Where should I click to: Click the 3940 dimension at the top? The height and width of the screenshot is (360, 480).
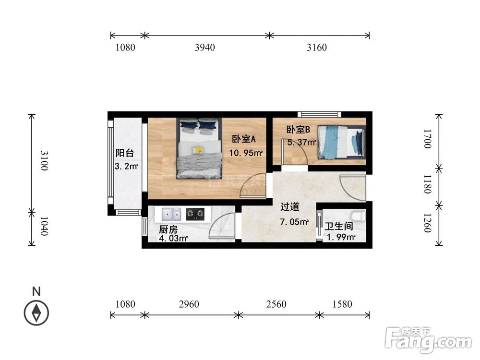(x=205, y=48)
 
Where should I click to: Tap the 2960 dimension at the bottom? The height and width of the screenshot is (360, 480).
(x=189, y=304)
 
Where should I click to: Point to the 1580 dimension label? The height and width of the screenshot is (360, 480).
(x=342, y=304)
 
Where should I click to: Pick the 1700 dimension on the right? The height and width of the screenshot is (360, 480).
(x=428, y=140)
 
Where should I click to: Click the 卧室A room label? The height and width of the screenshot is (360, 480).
(x=244, y=139)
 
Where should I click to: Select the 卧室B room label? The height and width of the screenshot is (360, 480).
(x=299, y=130)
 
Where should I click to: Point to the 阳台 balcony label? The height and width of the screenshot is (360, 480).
(x=124, y=154)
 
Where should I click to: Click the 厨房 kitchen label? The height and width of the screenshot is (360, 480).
(x=168, y=229)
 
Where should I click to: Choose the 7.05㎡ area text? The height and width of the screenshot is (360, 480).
(x=295, y=222)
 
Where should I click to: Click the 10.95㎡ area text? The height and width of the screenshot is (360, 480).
(x=246, y=154)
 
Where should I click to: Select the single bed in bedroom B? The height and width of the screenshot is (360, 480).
(x=342, y=142)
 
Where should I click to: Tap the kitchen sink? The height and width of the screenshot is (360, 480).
(x=171, y=214)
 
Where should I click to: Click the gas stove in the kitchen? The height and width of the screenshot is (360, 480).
(x=195, y=214)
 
